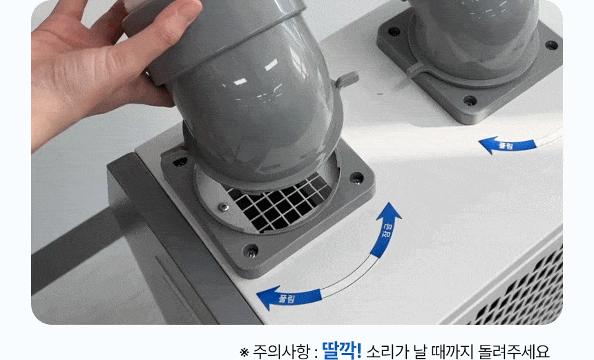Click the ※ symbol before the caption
coord(244,352)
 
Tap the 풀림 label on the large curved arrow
coord(287,299)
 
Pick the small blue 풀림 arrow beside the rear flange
coord(507,145)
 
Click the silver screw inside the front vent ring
coord(222,207)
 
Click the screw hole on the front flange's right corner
coord(356,178)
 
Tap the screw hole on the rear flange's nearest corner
coord(470,101)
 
